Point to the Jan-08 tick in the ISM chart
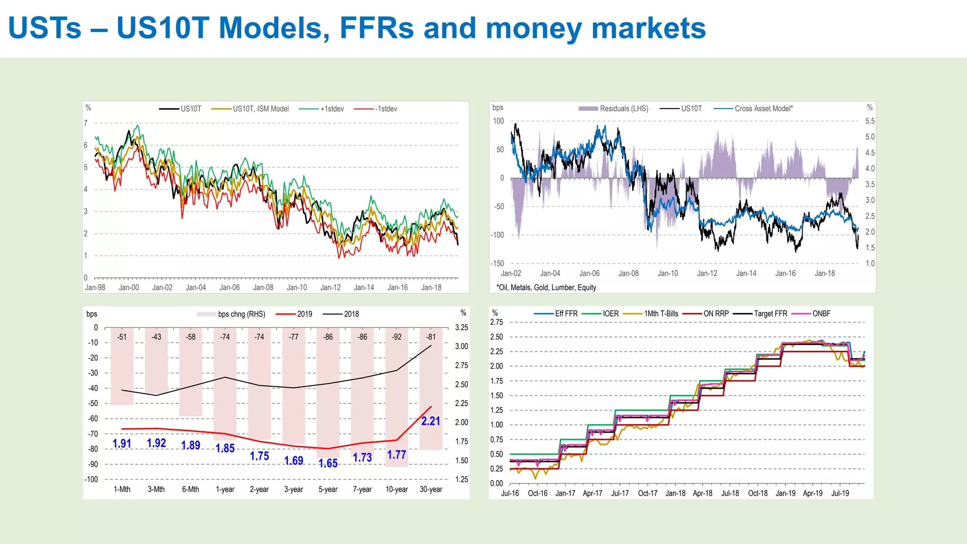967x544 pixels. (263, 288)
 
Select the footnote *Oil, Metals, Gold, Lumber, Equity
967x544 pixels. (546, 288)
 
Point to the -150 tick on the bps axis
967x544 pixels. (497, 263)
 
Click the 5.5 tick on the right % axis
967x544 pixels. (870, 121)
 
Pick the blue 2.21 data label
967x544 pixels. (431, 421)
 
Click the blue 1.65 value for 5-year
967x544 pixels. (328, 463)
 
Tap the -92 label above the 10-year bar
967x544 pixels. (397, 337)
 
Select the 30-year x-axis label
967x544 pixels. (431, 490)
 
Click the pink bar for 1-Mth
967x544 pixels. (122, 373)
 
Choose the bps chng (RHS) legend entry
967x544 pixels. (241, 314)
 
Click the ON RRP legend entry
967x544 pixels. (716, 314)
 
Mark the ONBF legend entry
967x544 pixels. (821, 314)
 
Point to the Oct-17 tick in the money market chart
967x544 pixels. (647, 493)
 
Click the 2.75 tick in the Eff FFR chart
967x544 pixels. (497, 323)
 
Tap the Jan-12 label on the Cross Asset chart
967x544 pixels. (707, 273)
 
